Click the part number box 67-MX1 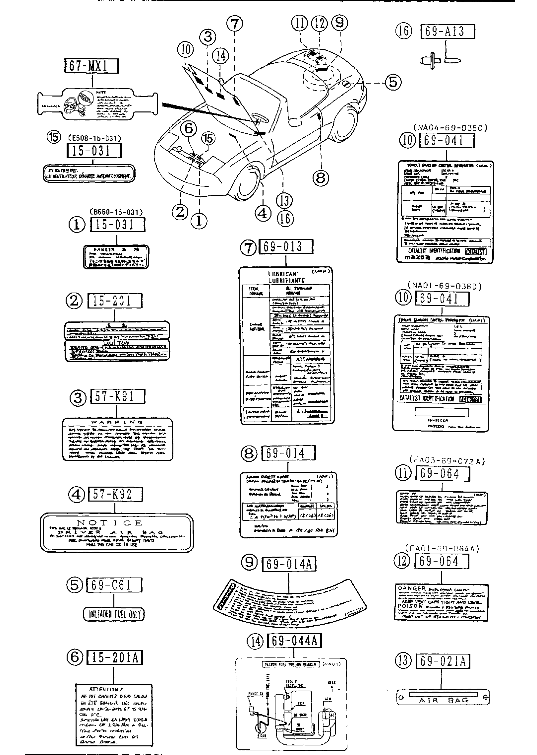pos(91,66)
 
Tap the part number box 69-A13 pos(447,32)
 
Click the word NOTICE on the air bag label pos(114,523)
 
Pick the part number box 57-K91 pos(117,397)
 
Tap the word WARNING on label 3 pos(117,422)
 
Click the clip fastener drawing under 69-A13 pos(441,61)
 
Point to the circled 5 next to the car pos(393,82)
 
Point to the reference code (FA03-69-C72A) pos(447,460)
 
